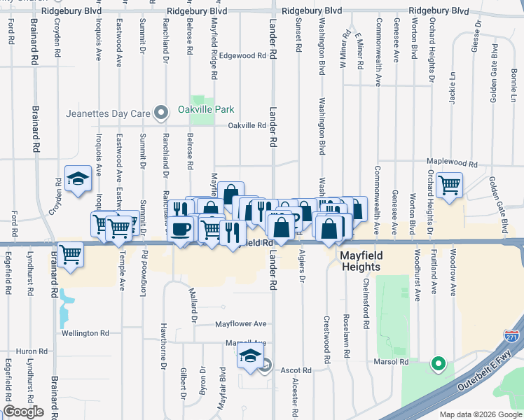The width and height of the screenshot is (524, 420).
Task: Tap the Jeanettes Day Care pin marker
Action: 162,113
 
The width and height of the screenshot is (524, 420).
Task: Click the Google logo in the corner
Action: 23,412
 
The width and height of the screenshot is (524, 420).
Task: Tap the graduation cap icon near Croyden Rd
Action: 78,179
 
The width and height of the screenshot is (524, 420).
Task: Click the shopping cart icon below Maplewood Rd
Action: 449,185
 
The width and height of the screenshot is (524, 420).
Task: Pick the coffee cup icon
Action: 180,229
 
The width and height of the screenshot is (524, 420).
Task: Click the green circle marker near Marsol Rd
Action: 438,363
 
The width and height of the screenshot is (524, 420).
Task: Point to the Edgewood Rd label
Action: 242,55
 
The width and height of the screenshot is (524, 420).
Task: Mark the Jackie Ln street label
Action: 453,87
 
